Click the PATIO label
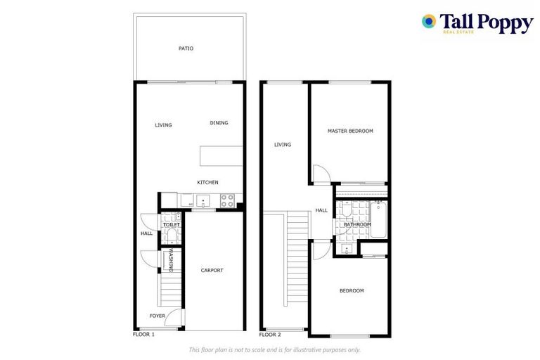coord(186,49)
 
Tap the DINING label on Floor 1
coord(219,123)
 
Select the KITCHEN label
coord(207,182)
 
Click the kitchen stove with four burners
coord(228,200)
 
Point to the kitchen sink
coord(203,200)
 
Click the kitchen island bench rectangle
coord(221,155)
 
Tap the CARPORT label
coord(212,270)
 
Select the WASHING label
coord(170,260)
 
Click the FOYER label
coord(157,316)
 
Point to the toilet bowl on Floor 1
coord(171,235)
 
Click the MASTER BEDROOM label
coord(350,131)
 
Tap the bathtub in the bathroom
coord(378,219)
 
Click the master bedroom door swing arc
coord(320,173)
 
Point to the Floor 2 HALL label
coord(321,210)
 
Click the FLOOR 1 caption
coord(143,335)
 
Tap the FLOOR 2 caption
coord(270,335)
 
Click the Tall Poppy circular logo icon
coord(429,22)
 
